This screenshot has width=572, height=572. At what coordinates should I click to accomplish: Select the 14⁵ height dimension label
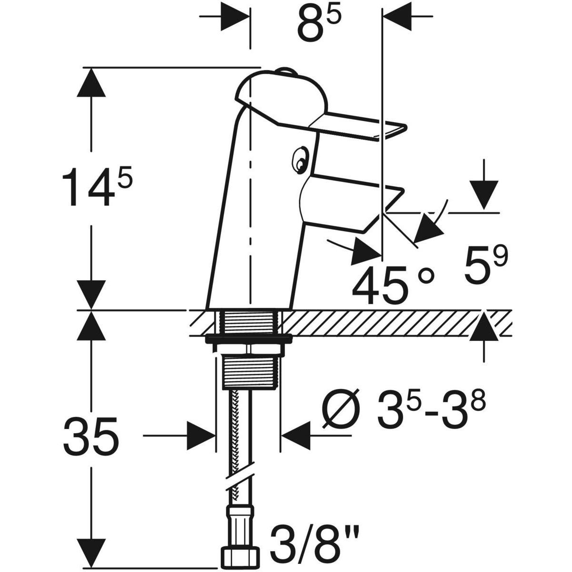(x=97, y=186)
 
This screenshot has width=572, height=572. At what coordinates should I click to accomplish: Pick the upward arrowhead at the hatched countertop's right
(x=484, y=326)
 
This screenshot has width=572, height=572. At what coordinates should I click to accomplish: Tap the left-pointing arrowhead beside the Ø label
(x=296, y=436)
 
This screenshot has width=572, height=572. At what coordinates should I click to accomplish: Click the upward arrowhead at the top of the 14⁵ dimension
(x=91, y=82)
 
